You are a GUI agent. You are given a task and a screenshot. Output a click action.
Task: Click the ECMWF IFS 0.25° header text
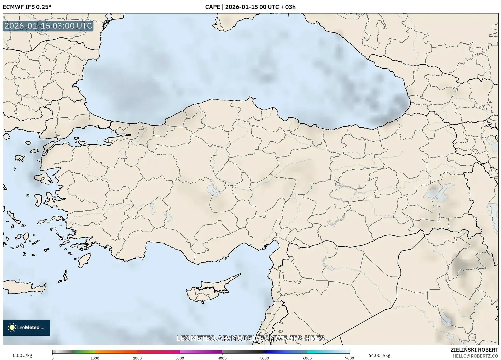pyautogui.click(x=27, y=7)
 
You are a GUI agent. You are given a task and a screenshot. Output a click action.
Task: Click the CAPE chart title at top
pyautogui.click(x=250, y=7)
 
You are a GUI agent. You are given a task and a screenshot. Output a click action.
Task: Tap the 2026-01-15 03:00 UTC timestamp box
pyautogui.click(x=48, y=26)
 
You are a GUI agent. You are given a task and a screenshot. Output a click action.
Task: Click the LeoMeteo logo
pyautogui.click(x=26, y=327)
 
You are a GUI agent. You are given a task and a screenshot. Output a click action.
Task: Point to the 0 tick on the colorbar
pyautogui.click(x=53, y=358)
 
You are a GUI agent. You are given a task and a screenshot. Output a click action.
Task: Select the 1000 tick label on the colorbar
pyautogui.click(x=95, y=358)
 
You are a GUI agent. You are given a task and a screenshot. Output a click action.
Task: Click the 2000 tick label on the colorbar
pyautogui.click(x=137, y=358)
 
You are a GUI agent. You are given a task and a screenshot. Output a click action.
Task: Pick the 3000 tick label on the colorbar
pyautogui.click(x=180, y=358)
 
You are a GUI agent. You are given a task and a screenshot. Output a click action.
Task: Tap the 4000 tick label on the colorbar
pyautogui.click(x=222, y=358)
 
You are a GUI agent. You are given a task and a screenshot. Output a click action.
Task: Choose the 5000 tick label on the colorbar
pyautogui.click(x=265, y=358)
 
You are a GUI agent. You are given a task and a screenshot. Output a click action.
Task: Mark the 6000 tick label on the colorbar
pyautogui.click(x=307, y=358)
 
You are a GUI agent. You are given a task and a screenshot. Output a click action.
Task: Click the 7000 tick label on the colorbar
pyautogui.click(x=349, y=358)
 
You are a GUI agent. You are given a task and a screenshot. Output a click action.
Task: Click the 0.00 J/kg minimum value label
pyautogui.click(x=22, y=355)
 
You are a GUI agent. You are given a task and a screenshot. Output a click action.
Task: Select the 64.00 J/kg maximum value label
pyautogui.click(x=379, y=355)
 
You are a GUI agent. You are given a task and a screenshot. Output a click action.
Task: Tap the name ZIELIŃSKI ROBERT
pyautogui.click(x=474, y=350)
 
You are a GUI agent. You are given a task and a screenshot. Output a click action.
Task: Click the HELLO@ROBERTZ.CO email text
pyautogui.click(x=475, y=356)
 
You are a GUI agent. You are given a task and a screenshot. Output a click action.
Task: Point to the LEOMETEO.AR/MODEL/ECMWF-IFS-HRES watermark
pyautogui.click(x=250, y=338)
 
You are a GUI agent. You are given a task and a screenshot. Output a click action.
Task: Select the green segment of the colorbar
pyautogui.click(x=84, y=352)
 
